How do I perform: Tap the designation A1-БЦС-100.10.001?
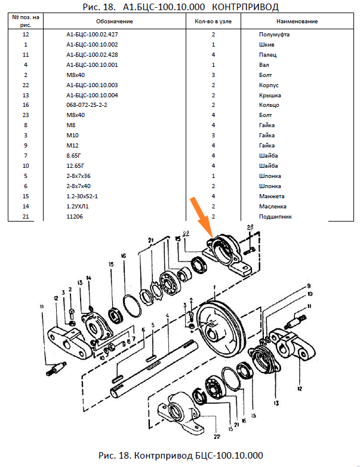tap(92, 64)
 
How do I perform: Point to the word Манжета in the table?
tap(273, 196)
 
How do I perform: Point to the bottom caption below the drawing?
tap(180, 455)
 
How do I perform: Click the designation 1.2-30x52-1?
tap(82, 196)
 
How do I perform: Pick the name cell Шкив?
tap(267, 45)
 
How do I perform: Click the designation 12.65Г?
tap(75, 166)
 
